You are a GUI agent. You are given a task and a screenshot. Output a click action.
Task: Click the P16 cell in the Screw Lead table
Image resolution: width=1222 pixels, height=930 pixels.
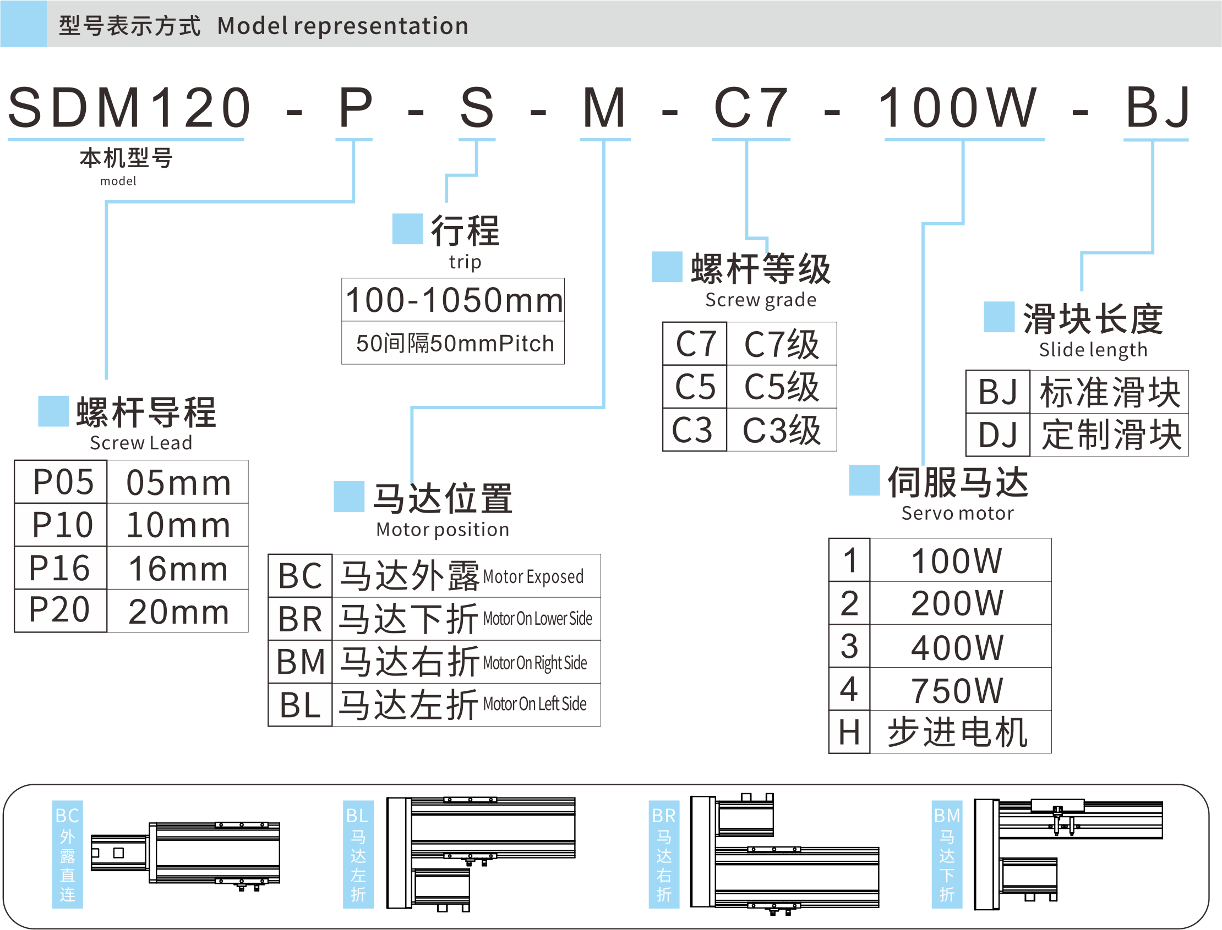coord(60,568)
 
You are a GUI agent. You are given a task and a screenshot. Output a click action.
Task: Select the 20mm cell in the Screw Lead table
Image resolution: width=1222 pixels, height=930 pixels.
coord(178,612)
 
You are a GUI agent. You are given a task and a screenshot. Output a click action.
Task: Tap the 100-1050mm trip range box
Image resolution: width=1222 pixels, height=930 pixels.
coord(453,300)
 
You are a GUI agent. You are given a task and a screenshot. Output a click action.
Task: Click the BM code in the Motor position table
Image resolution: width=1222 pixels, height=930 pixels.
coord(300,662)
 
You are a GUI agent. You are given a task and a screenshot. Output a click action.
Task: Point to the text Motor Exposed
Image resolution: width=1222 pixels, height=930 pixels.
coord(533,577)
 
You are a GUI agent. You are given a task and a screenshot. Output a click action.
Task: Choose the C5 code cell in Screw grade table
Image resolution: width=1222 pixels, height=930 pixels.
coord(695,387)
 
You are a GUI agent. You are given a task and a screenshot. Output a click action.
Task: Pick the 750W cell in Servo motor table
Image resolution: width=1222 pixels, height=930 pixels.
coord(957,690)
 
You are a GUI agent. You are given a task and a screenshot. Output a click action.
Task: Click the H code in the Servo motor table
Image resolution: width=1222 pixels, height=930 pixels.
coord(849,733)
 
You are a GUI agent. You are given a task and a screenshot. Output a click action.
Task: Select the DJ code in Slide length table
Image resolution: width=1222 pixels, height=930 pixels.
coord(997,435)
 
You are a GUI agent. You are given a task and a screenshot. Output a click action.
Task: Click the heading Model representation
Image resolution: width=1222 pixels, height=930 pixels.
coord(342,26)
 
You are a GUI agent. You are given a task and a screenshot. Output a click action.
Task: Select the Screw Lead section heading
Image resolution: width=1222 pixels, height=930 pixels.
coord(146,413)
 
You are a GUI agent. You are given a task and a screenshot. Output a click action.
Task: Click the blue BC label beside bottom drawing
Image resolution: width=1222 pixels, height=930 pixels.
coord(67,854)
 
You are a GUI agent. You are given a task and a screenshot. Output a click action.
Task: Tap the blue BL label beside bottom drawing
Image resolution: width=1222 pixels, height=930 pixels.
coord(358,854)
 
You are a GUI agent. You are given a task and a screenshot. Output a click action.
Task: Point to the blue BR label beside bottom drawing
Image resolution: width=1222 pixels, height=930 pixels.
coord(664,854)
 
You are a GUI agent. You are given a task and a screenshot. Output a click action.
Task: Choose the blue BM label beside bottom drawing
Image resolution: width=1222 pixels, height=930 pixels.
coord(947,854)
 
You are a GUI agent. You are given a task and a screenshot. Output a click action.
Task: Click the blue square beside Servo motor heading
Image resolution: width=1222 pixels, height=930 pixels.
coord(864,481)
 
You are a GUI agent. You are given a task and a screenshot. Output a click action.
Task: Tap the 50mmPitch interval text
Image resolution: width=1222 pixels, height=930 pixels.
coord(455,344)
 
